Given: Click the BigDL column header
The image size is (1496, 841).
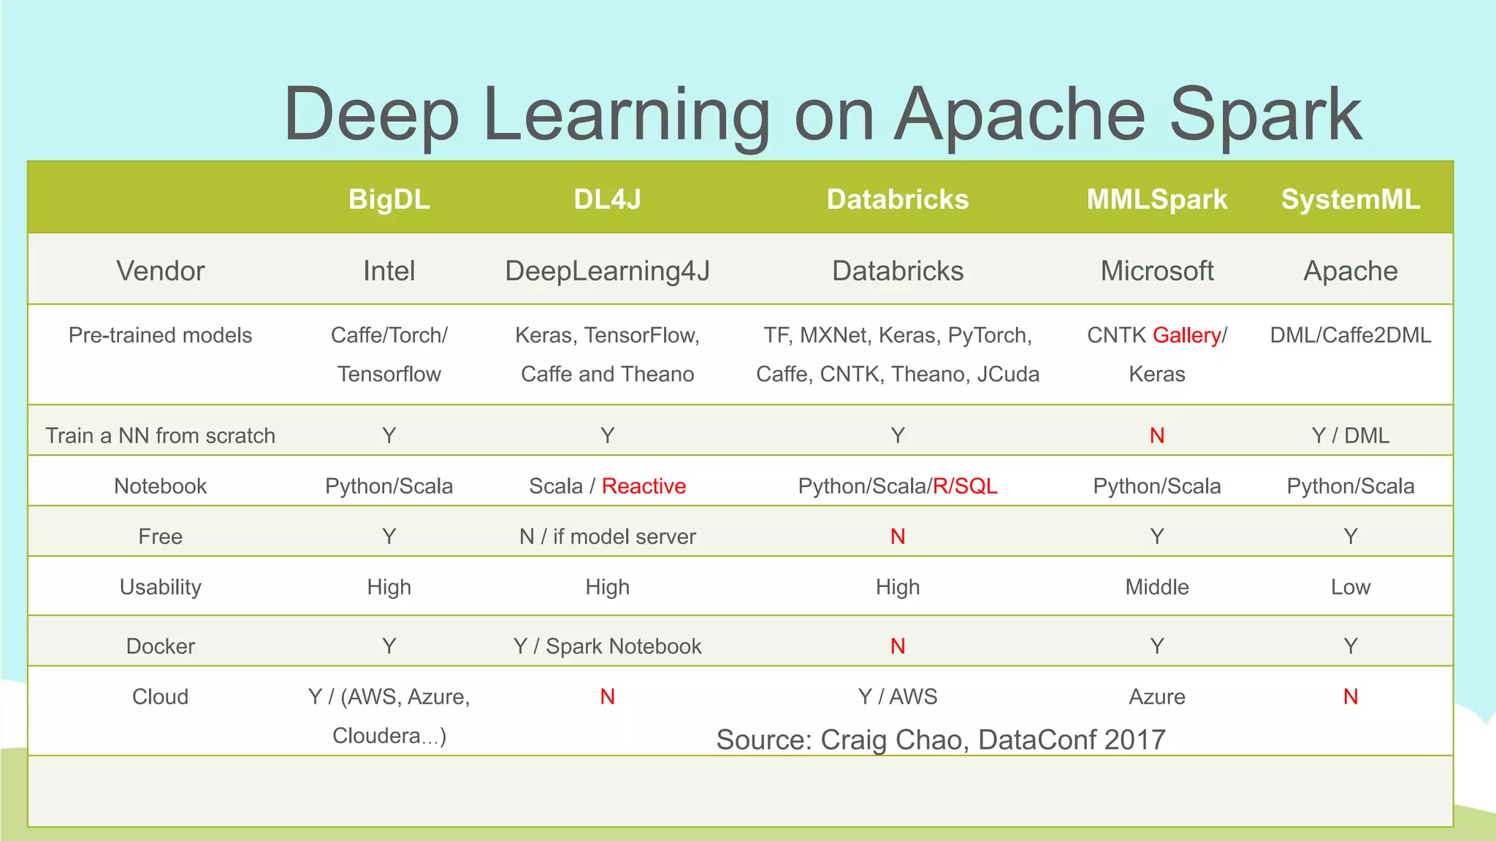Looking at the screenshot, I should [389, 199].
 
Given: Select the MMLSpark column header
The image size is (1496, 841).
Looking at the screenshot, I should [1156, 199].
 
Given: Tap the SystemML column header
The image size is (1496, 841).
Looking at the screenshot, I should [1350, 199].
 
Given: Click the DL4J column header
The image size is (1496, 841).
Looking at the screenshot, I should [607, 199].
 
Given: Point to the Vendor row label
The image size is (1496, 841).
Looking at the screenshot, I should [161, 271].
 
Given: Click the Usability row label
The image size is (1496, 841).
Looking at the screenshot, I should [161, 587].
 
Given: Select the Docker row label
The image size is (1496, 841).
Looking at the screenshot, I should [161, 646].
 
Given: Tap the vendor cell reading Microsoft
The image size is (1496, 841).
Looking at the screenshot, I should [1156, 271].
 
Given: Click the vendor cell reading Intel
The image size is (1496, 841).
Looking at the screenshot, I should [389, 271].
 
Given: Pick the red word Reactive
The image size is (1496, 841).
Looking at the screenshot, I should [644, 486].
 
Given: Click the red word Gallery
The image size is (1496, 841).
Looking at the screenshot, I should [1186, 335].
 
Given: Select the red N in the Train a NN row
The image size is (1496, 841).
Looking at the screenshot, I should [1156, 436].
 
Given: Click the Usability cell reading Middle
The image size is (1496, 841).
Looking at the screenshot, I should [1156, 587].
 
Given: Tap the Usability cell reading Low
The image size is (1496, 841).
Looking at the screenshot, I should [1350, 587].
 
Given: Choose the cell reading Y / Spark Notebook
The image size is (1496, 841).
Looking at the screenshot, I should [607, 646].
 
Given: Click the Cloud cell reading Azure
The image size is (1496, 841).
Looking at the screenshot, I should [1156, 696].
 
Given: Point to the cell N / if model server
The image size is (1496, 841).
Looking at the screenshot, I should [607, 537].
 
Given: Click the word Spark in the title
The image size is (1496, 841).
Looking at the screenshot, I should [1265, 115].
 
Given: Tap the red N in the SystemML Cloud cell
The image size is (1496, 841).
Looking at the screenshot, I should [1350, 696].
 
